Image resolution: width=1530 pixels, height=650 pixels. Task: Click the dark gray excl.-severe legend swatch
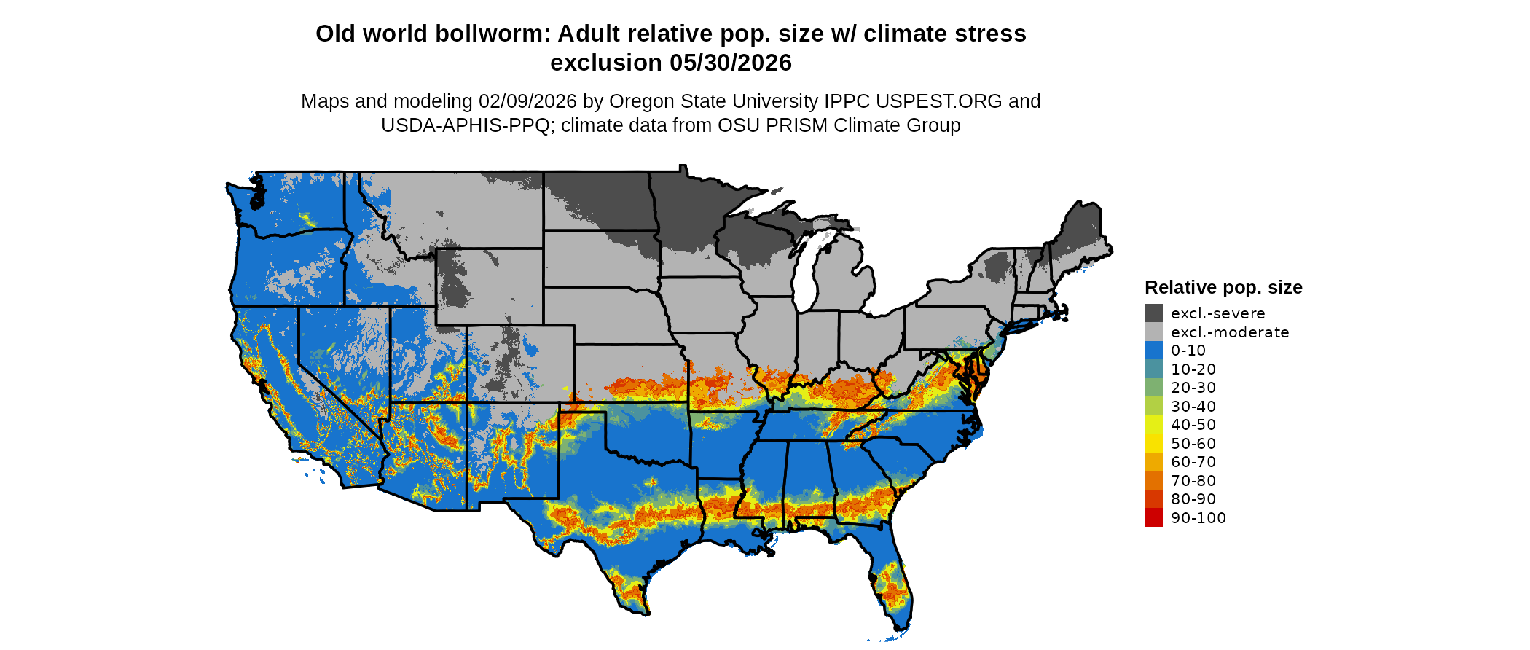click(x=1153, y=313)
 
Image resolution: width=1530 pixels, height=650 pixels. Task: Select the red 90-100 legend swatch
click(x=1153, y=517)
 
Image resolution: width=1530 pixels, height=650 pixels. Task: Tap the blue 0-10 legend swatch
click(x=1153, y=351)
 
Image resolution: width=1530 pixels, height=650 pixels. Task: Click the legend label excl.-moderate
click(x=1229, y=332)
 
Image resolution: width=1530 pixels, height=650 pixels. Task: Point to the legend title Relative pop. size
click(x=1223, y=287)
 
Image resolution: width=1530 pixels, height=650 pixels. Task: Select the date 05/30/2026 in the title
click(x=730, y=63)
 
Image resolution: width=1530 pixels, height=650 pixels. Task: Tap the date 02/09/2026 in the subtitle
click(x=527, y=101)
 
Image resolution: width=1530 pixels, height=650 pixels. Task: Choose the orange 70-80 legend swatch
click(x=1153, y=480)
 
